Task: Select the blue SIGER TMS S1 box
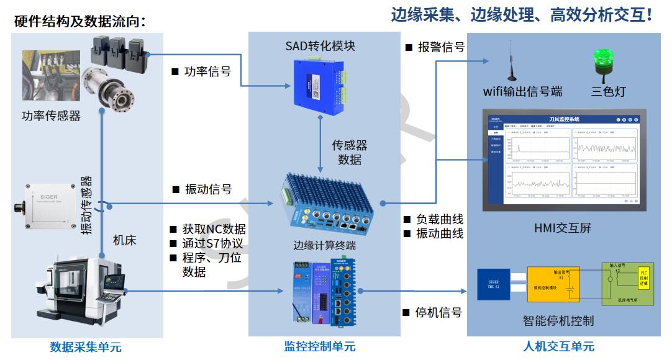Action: click(x=494, y=285)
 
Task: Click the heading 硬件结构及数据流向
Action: click(x=79, y=22)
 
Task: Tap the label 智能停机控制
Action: click(x=558, y=321)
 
